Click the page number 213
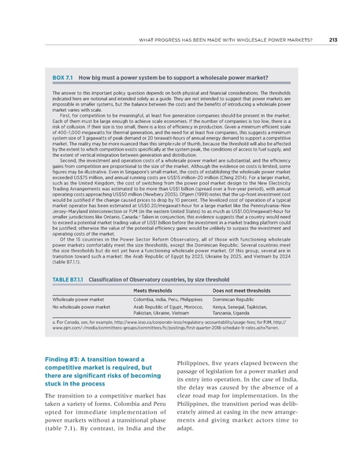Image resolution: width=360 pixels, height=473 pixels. pyautogui.click(x=332, y=39)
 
